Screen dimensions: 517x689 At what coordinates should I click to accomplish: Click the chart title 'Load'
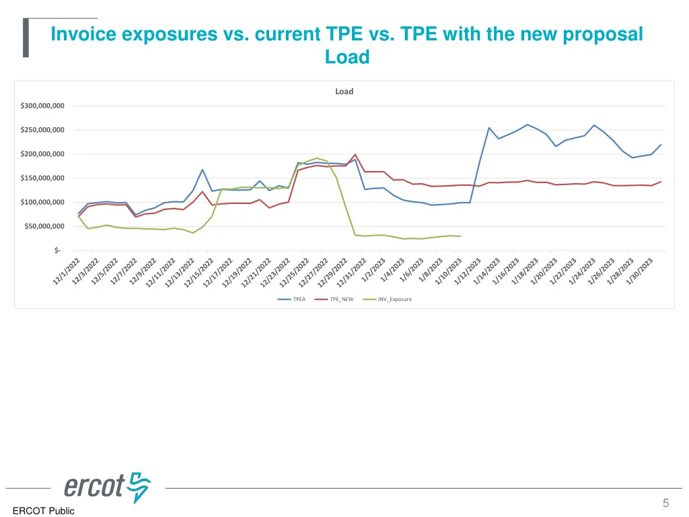[344, 92]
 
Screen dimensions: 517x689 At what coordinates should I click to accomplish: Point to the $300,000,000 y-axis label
[42, 106]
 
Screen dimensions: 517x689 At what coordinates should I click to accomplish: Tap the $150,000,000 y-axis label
[42, 178]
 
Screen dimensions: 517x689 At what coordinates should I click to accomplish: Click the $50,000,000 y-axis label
[44, 227]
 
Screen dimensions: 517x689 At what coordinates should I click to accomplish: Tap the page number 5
[665, 503]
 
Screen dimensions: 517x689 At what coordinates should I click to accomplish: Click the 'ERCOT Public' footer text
[43, 511]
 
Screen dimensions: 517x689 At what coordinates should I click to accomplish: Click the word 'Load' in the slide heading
[347, 57]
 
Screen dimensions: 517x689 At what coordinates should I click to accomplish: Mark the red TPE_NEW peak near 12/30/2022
[355, 154]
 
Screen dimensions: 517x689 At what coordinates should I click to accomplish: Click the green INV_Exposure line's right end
[460, 236]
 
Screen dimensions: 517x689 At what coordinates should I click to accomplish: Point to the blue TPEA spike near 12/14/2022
[203, 170]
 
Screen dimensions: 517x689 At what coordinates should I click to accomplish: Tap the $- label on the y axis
[57, 250]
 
